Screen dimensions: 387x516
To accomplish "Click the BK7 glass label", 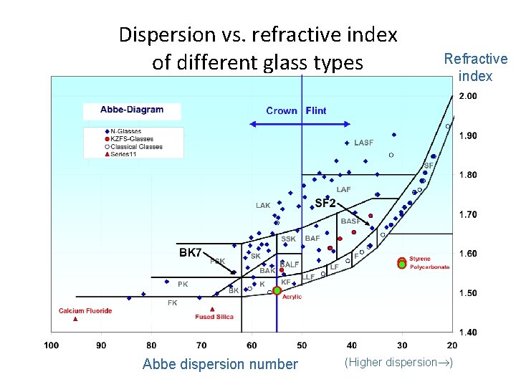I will coord(191,253).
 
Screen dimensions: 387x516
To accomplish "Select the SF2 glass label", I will coord(325,204).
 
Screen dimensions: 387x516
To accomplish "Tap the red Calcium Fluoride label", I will coord(85,310).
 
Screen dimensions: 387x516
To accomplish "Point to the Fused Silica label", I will coord(215,317).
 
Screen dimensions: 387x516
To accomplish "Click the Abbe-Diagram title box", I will coord(131,110).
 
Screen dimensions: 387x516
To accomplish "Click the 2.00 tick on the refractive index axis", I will coord(467,96).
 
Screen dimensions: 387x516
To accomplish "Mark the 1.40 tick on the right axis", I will coord(467,332).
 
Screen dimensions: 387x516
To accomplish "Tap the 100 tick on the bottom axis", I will coord(51,345).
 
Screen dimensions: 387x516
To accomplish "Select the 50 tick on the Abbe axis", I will coord(302,345).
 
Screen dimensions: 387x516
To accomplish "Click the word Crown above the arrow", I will coord(282,110).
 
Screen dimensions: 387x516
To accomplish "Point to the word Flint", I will coord(316,110).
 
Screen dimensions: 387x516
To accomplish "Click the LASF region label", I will coord(363,143).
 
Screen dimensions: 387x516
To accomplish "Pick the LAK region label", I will coord(263,206).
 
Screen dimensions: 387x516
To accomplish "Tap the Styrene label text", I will coord(420,259).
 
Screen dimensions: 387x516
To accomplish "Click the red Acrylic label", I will coord(292,297).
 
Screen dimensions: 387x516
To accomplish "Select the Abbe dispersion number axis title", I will coord(220,364).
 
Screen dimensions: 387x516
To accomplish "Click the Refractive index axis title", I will coord(475,67).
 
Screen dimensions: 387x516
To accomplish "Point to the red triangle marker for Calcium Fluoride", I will coord(75,319).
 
